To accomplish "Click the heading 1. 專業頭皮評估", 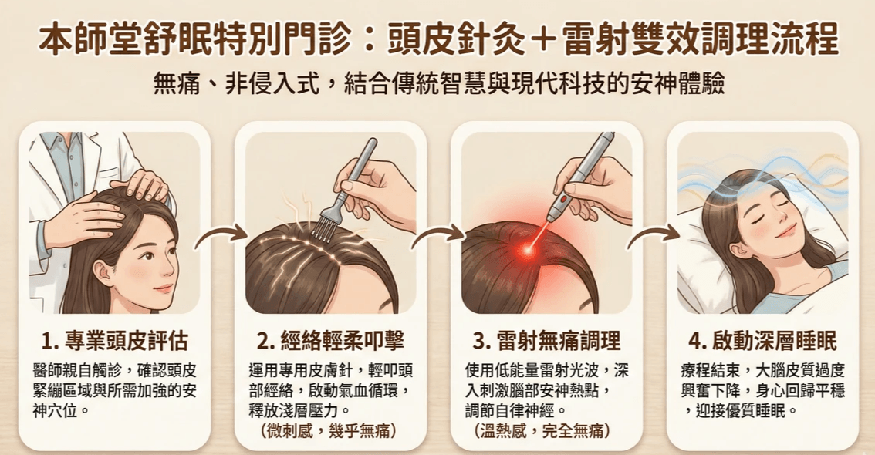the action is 115,341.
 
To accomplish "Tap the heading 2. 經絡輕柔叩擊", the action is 330,341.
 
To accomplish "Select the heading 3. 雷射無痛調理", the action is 547,341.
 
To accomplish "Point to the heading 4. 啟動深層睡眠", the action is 763,341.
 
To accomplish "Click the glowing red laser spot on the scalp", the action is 526,251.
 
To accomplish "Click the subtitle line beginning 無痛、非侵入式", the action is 439,85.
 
